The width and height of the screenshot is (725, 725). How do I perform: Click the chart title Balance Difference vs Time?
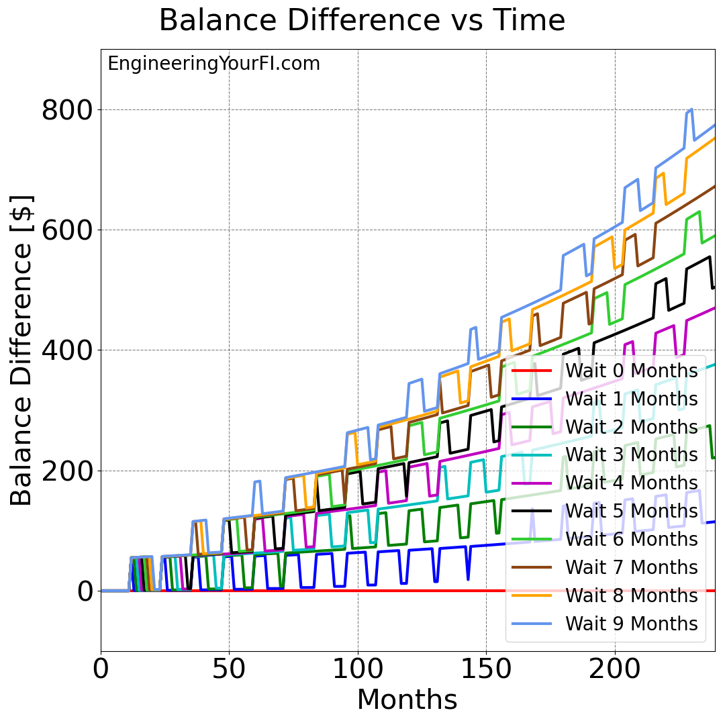coord(362,21)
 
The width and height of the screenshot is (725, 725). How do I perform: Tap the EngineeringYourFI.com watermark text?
coord(213,64)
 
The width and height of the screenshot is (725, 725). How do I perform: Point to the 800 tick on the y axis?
coord(68,110)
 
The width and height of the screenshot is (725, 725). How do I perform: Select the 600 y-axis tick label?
coord(68,230)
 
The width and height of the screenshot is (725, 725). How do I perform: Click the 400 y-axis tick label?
coord(68,350)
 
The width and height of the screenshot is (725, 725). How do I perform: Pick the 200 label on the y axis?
coord(68,471)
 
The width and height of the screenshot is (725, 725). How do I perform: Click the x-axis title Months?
coord(407,700)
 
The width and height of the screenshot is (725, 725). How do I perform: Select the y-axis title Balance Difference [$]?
coord(22,350)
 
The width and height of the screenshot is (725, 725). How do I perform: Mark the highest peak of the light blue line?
coord(691,109)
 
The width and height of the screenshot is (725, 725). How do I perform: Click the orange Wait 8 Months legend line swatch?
coord(531,595)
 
